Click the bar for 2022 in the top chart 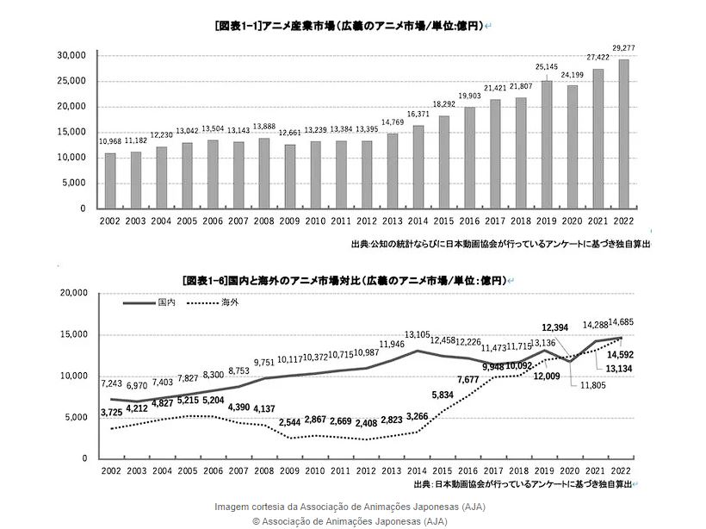pos(623,134)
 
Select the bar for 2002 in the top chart pos(110,181)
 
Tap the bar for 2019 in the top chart pos(546,144)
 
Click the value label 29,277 pos(623,48)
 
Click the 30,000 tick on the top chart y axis pos(71,55)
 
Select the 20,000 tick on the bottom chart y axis pos(71,293)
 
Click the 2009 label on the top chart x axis pos(290,222)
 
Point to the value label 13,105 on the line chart pos(418,334)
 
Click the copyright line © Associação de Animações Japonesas pos(350,521)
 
